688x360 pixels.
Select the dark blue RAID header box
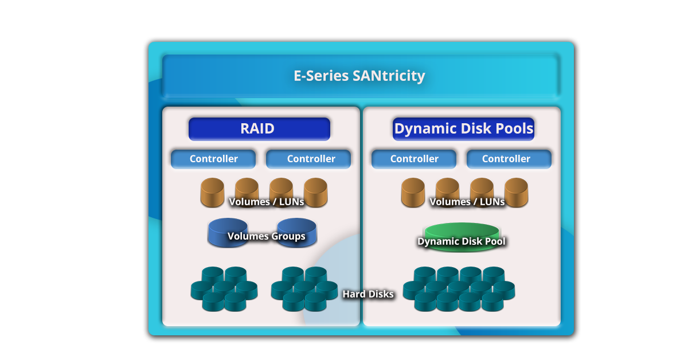coord(259,129)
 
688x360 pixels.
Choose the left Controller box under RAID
coord(213,159)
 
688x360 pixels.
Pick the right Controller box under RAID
coord(308,159)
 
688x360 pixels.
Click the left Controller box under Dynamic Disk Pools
coord(414,159)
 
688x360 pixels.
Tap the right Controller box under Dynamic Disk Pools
coord(509,159)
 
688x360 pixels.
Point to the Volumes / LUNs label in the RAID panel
coord(266,202)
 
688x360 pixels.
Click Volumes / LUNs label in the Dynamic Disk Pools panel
coord(467,202)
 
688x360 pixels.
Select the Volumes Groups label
coord(266,236)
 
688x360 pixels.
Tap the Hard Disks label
coord(368,294)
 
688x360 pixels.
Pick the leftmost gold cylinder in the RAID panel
coord(212,192)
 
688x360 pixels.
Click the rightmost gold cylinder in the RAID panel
coord(315,192)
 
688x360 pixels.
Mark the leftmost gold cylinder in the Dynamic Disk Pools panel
coord(413,192)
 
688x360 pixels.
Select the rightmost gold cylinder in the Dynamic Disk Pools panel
coord(516,192)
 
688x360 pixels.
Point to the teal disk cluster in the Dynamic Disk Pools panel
coord(459,289)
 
